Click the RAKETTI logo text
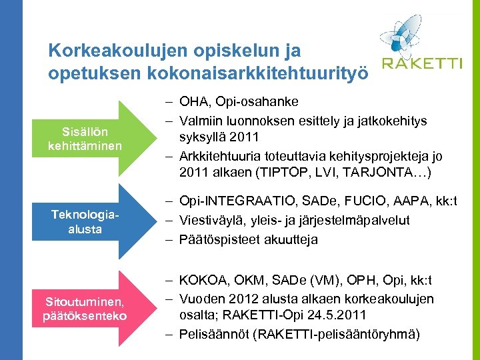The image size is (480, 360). (421, 63)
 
